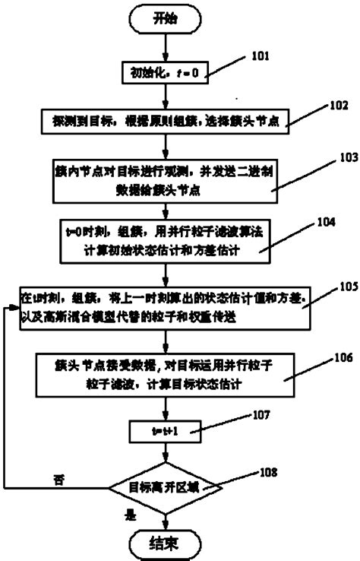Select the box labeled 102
pos(164,120)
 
